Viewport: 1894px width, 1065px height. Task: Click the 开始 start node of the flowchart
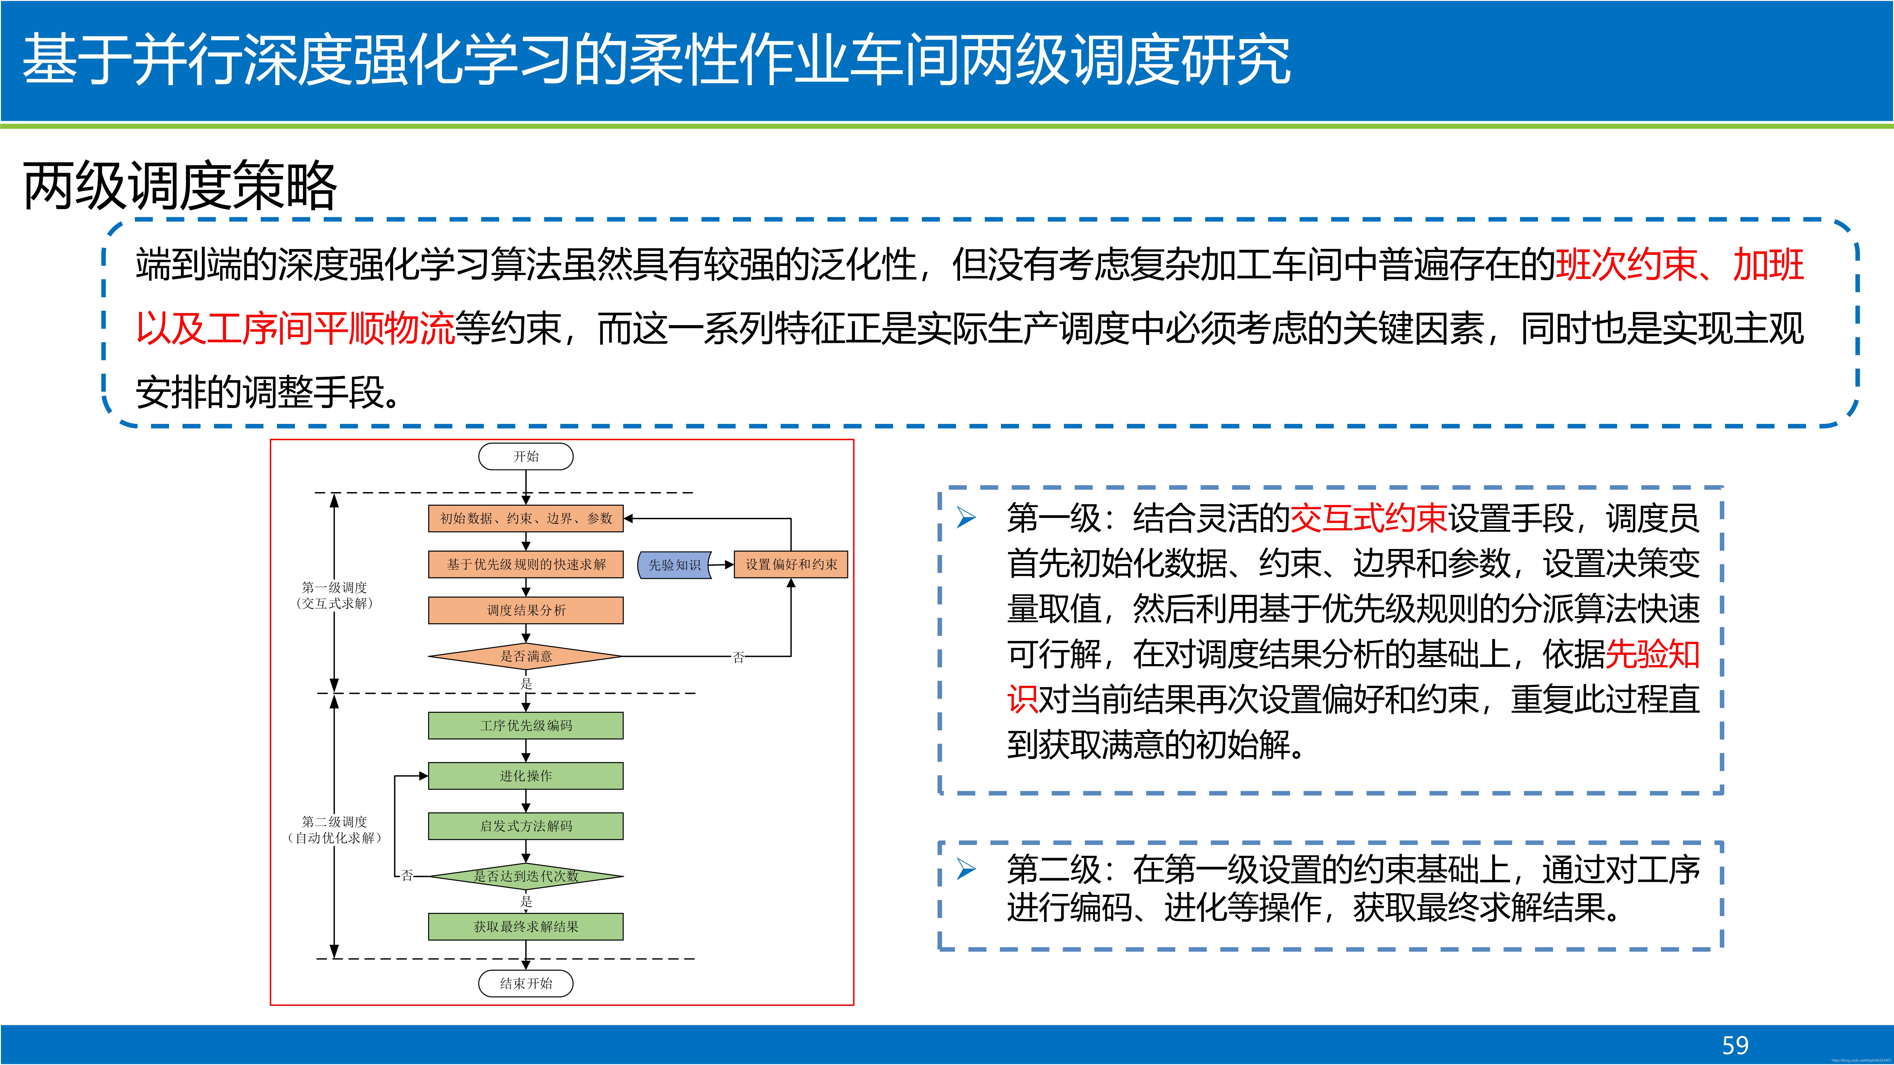coord(526,457)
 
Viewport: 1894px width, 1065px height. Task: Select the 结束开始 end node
coord(526,983)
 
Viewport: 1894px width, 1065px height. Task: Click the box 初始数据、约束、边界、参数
coord(526,518)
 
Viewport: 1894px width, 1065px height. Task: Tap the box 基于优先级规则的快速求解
coord(526,564)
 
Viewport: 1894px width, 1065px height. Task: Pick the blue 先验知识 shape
coord(674,564)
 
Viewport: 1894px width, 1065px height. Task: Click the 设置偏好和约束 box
coord(791,564)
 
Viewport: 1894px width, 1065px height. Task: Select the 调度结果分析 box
coord(526,610)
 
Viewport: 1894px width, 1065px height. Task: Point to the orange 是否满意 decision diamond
coord(526,656)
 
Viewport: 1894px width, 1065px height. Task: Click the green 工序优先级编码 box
coord(526,725)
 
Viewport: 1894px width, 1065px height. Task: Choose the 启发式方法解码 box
coord(526,826)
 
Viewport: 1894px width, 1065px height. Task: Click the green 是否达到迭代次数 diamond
coord(526,876)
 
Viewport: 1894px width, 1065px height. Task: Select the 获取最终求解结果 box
coord(526,927)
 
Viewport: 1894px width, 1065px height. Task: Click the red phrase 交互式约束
coord(1369,518)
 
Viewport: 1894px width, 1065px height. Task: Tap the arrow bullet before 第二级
coord(966,870)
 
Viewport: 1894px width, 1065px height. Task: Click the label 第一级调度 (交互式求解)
coord(334,595)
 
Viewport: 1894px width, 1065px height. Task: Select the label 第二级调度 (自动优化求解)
coord(334,830)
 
